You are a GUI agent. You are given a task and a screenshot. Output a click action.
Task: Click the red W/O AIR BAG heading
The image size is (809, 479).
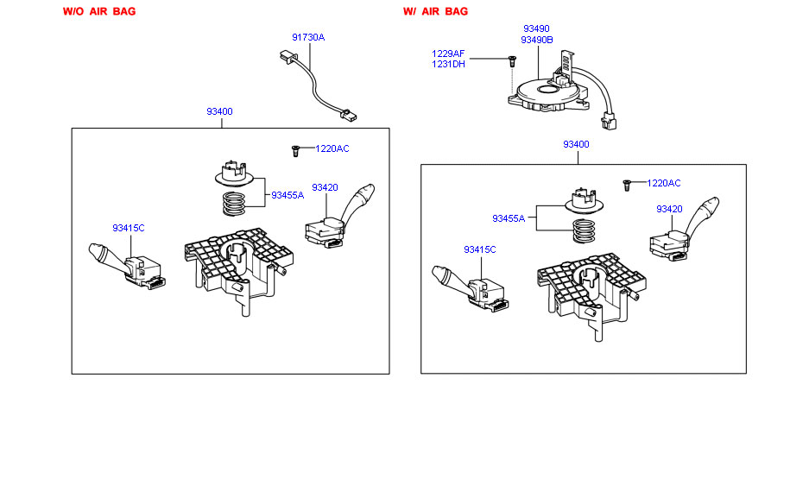pyautogui.click(x=99, y=11)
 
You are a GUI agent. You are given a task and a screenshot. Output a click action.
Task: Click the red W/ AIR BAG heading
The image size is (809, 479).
pyautogui.click(x=435, y=11)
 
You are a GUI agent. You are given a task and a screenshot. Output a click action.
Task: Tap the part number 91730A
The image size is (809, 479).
pyautogui.click(x=308, y=37)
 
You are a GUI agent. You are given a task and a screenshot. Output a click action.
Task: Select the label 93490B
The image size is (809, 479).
pyautogui.click(x=536, y=40)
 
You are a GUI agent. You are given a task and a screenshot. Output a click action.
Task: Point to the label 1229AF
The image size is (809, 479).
pyautogui.click(x=448, y=54)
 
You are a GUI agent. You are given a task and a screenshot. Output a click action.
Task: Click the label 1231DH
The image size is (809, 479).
pyautogui.click(x=448, y=65)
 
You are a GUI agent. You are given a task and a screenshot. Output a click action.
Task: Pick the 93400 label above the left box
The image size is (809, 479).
pyautogui.click(x=219, y=111)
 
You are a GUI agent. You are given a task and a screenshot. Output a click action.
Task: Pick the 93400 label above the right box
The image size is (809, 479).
pyautogui.click(x=576, y=144)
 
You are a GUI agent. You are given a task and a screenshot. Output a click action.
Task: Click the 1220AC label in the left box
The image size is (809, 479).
pyautogui.click(x=332, y=148)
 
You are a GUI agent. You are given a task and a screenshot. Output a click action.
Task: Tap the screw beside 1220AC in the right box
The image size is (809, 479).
pyautogui.click(x=627, y=185)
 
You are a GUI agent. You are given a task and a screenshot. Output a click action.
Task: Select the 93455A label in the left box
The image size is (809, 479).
pyautogui.click(x=288, y=195)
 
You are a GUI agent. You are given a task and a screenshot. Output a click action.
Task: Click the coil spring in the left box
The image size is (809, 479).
pyautogui.click(x=234, y=204)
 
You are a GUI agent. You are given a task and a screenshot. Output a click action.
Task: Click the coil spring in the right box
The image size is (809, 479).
pyautogui.click(x=585, y=230)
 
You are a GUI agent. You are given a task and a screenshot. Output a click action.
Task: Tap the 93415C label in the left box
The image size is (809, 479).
pyautogui.click(x=129, y=228)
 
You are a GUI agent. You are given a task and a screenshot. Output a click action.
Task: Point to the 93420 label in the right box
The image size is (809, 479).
pyautogui.click(x=669, y=209)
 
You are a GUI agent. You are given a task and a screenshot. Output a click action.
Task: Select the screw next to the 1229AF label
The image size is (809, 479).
pyautogui.click(x=512, y=60)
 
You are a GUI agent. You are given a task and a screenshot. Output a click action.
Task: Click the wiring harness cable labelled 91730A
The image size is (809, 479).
pyautogui.click(x=318, y=85)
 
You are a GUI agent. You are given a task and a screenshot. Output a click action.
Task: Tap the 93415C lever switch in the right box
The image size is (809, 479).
pyautogui.click(x=470, y=289)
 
